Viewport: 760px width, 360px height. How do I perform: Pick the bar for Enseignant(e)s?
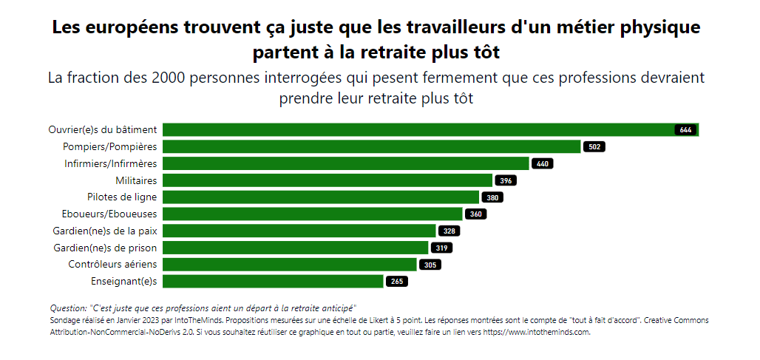pyautogui.click(x=273, y=281)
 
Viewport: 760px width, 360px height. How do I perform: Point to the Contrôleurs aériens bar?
pyautogui.click(x=289, y=264)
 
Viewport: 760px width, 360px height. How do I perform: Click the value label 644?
pyautogui.click(x=685, y=130)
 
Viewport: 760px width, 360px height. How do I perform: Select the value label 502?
pyautogui.click(x=594, y=147)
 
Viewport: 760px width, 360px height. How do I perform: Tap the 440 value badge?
pyautogui.click(x=543, y=164)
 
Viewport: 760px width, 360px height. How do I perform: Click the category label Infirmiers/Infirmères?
pyautogui.click(x=110, y=163)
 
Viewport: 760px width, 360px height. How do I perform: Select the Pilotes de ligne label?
pyautogui.click(x=122, y=197)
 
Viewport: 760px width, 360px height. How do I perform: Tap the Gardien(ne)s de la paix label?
pyautogui.click(x=105, y=231)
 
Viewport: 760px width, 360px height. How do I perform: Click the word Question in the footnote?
pyautogui.click(x=67, y=308)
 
